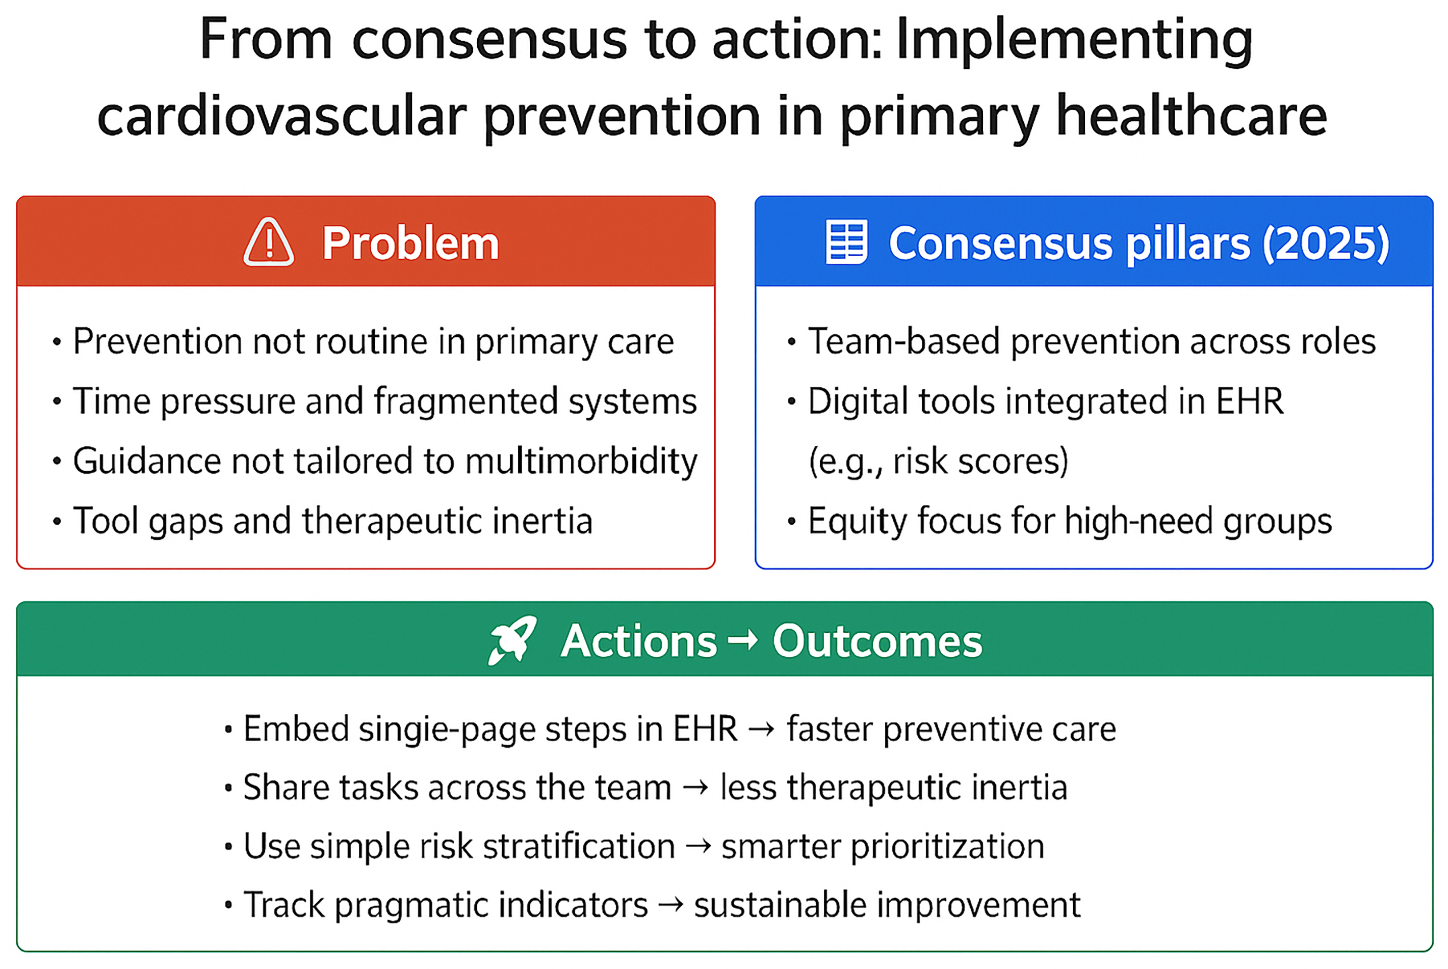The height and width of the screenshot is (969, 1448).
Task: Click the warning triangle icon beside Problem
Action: click(x=268, y=243)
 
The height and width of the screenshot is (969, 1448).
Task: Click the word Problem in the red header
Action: click(x=410, y=243)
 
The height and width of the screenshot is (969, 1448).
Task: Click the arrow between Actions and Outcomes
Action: click(x=743, y=640)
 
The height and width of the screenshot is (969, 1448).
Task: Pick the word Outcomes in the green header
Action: click(x=877, y=641)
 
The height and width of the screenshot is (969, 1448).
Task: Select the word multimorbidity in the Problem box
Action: click(x=581, y=461)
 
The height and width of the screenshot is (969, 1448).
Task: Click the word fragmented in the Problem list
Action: click(x=463, y=401)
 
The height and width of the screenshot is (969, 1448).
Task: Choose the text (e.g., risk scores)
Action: click(x=939, y=461)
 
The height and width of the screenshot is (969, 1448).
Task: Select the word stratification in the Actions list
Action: click(x=579, y=846)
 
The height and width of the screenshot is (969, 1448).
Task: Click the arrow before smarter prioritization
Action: click(x=699, y=847)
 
